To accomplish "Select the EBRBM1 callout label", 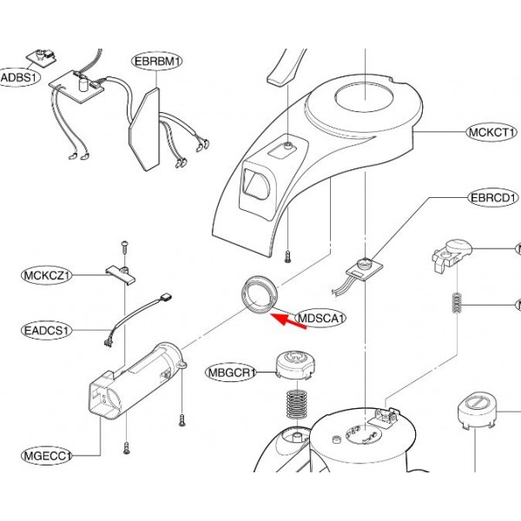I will pos(158,62).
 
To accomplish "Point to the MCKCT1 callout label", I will pos(492,133).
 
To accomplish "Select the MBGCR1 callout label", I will pos(230,373).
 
